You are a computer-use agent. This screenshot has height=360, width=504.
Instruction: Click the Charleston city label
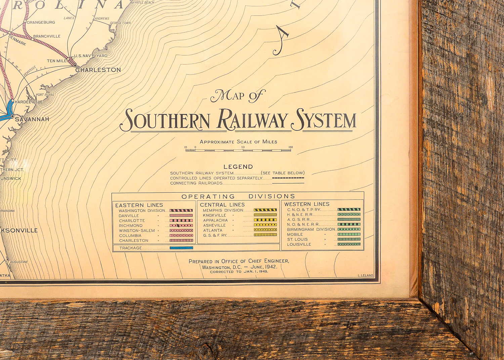point(98,70)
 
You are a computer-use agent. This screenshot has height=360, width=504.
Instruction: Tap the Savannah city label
point(32,119)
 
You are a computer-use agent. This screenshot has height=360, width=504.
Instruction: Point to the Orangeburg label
point(41,23)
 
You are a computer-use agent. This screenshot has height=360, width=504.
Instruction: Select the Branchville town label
point(47,36)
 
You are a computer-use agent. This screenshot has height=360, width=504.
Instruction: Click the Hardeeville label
point(29,102)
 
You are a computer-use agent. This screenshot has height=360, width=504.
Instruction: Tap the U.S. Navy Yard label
point(91,56)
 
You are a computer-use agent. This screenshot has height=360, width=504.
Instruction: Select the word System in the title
point(324,120)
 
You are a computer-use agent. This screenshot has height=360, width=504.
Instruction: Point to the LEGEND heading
point(238,167)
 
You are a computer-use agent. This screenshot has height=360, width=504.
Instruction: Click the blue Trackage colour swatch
point(181,248)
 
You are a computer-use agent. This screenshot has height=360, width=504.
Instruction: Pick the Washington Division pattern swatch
point(181,210)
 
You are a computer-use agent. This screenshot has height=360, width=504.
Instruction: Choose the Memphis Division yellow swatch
point(265,210)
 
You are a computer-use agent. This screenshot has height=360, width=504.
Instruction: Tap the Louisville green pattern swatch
point(349,244)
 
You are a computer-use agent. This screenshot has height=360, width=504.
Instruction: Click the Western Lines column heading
point(307,204)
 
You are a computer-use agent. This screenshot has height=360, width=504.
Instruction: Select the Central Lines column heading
point(222,205)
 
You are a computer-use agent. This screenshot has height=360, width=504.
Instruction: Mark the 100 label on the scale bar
point(290,147)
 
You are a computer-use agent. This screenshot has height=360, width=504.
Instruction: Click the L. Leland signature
point(365,275)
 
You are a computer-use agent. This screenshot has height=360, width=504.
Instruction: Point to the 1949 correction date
point(262,272)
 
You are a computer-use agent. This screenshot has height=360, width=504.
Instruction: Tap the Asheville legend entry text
point(214,226)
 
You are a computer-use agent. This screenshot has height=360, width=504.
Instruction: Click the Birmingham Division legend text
point(311,229)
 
